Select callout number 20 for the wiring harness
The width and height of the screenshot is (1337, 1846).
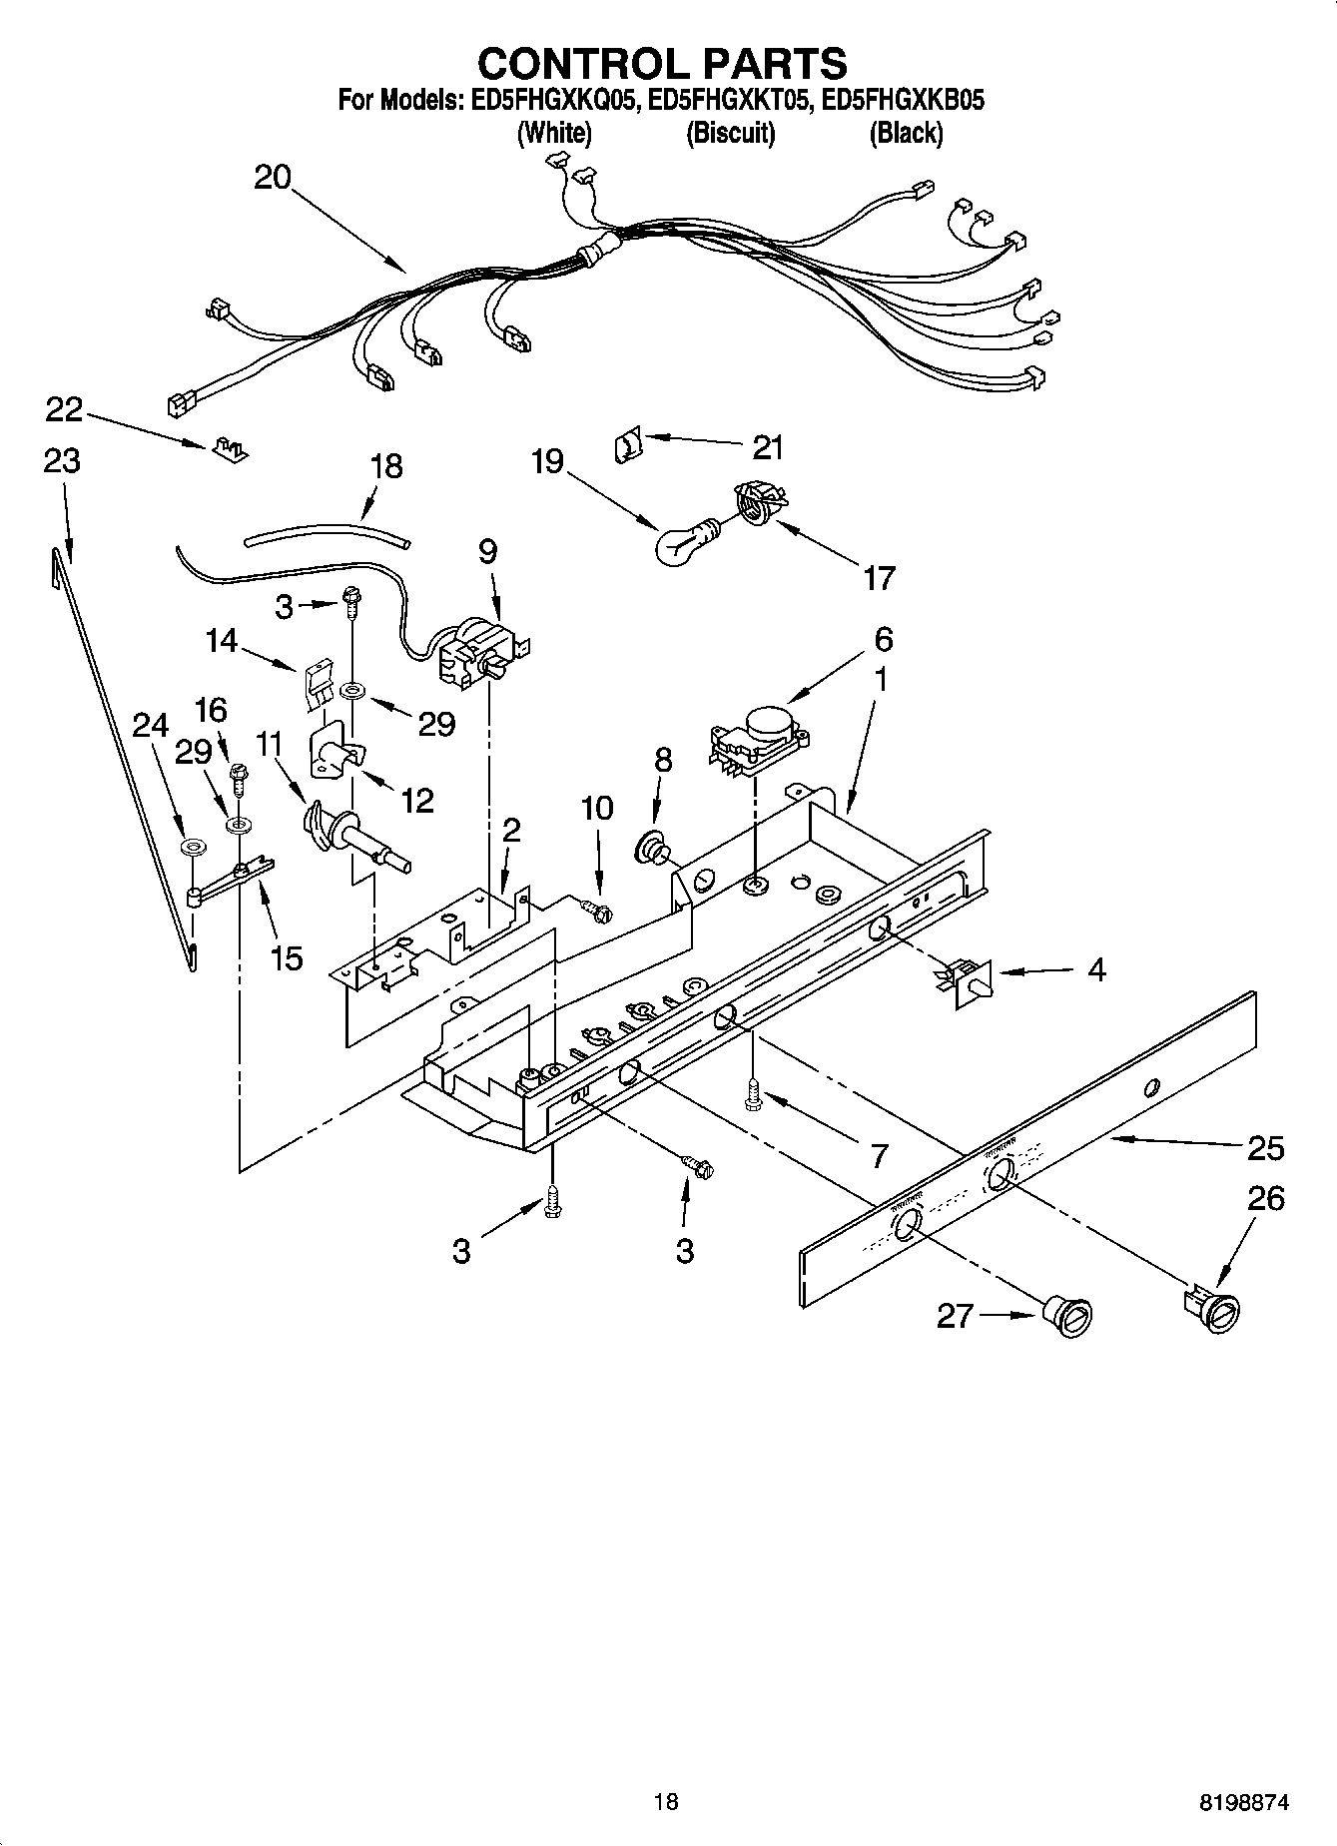click(272, 178)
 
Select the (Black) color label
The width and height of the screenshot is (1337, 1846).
click(906, 133)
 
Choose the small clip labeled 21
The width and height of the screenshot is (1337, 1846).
click(626, 442)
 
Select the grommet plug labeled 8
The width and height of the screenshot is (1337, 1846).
click(652, 847)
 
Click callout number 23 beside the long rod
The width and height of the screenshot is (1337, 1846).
click(62, 461)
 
